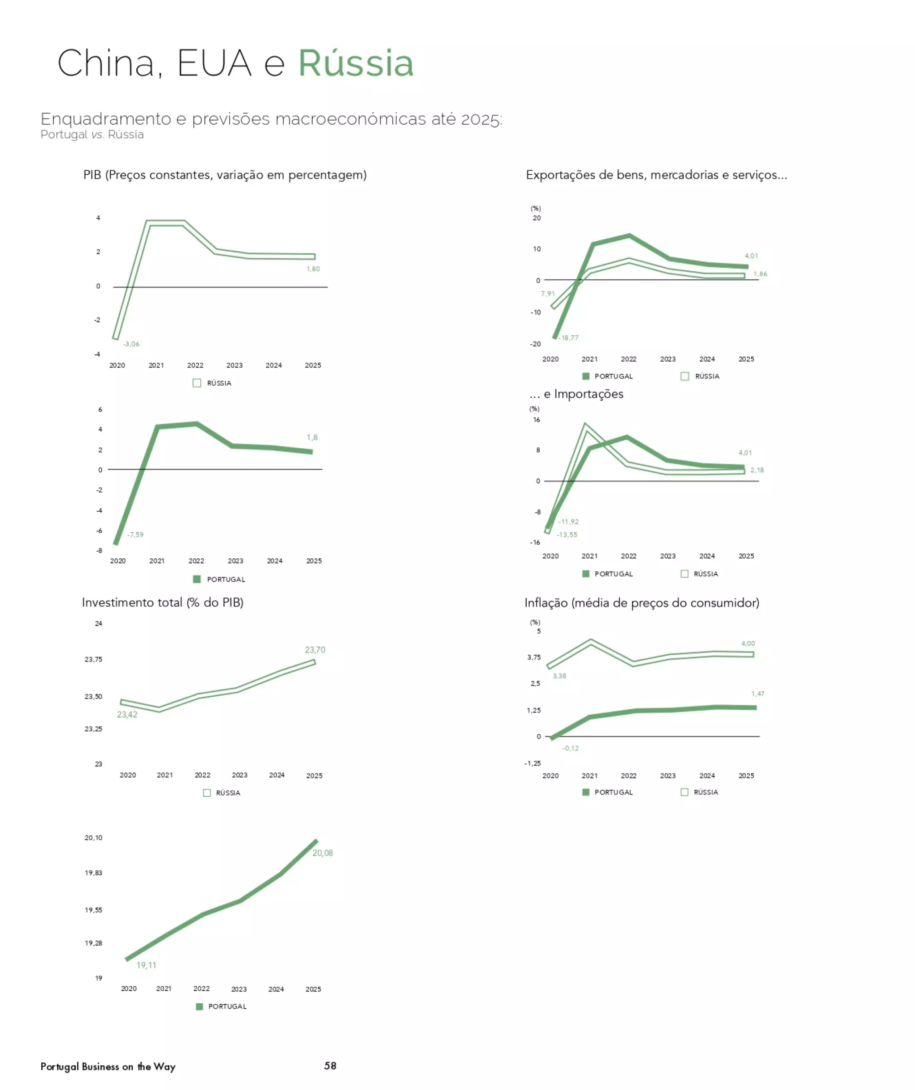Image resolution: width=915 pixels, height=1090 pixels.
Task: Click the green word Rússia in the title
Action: pos(356,63)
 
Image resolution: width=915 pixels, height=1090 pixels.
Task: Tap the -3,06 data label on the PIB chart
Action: pos(131,344)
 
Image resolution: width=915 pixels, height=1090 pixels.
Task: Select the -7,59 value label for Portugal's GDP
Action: pos(135,534)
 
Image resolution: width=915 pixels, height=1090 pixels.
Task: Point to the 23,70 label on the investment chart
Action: pos(315,650)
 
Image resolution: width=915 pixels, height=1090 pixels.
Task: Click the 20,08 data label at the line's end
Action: pos(322,853)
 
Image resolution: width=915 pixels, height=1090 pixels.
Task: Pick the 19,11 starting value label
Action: pos(147,965)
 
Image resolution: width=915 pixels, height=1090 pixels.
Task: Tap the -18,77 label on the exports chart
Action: pos(569,338)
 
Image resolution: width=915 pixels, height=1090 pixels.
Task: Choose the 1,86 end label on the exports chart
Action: pos(760,274)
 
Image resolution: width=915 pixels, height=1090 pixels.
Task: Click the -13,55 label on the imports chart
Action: pos(567,534)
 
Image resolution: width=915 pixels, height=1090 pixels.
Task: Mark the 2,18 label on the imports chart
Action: pos(757,470)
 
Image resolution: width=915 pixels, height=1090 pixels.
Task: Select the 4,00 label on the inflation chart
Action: pos(748,644)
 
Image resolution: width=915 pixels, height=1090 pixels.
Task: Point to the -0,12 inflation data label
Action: pos(571,748)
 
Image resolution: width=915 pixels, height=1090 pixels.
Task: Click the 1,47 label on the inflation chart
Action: pos(757,694)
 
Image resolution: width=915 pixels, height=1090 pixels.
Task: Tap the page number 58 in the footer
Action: pos(330,1065)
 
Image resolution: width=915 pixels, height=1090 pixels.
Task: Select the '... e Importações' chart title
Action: pos(576,394)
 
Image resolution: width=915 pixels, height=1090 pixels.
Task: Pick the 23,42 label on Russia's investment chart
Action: pos(127,715)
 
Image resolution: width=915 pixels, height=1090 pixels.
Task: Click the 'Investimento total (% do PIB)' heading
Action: pos(163,602)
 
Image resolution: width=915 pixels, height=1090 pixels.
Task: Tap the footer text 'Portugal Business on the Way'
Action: pos(108,1067)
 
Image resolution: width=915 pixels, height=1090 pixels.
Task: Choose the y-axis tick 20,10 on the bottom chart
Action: pos(93,838)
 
